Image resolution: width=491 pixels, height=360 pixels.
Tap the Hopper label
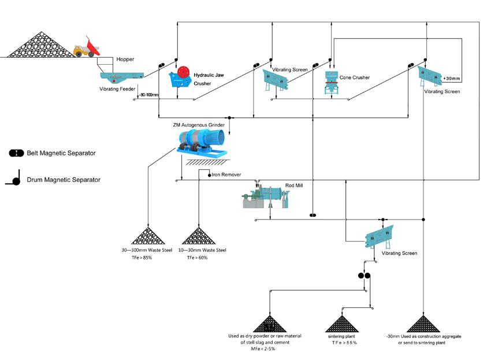[x=125, y=60]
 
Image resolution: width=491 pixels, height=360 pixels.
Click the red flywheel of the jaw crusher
[x=184, y=72]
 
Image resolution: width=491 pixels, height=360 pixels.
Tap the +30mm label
[x=452, y=78]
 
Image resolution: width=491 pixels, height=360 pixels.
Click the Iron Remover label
[x=226, y=175]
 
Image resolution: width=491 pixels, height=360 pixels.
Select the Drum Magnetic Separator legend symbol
[x=14, y=180]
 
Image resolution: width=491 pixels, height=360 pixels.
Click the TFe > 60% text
[x=197, y=258]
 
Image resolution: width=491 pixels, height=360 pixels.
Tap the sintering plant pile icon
[x=343, y=324]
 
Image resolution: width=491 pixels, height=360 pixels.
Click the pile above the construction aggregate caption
[x=424, y=324]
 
